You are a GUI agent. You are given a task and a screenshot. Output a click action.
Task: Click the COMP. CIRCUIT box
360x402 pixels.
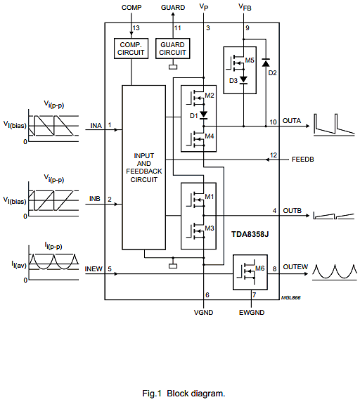pyautogui.click(x=131, y=48)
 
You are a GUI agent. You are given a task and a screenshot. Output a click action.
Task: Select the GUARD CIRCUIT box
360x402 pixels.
pyautogui.click(x=172, y=48)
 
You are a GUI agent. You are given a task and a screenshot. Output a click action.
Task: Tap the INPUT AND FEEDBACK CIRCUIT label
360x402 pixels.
pyautogui.click(x=144, y=168)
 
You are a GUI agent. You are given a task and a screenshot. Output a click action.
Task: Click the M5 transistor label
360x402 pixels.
pyautogui.click(x=250, y=60)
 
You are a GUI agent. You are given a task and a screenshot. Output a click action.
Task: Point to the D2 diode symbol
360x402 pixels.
pyautogui.click(x=266, y=63)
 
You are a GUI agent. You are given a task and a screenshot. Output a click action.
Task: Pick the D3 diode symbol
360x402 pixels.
pyautogui.click(x=243, y=80)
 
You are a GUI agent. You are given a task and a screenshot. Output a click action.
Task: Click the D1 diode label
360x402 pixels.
pyautogui.click(x=194, y=116)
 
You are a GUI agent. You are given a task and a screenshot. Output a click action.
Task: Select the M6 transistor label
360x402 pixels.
pyautogui.click(x=259, y=268)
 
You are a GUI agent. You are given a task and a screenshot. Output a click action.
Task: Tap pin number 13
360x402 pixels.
pyautogui.click(x=136, y=28)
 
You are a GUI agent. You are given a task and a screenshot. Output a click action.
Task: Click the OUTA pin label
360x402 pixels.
pyautogui.click(x=292, y=121)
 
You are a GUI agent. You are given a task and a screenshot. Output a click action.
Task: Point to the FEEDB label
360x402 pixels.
pyautogui.click(x=303, y=160)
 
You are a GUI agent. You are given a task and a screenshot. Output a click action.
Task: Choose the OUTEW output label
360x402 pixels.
pyautogui.click(x=295, y=267)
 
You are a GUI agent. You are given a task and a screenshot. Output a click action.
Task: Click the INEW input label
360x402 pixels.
pyautogui.click(x=94, y=269)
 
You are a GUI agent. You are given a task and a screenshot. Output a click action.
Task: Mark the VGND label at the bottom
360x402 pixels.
pyautogui.click(x=204, y=313)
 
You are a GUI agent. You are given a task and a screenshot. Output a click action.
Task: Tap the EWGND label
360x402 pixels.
pyautogui.click(x=252, y=313)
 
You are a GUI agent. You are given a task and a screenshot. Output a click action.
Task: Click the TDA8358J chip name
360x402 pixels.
pyautogui.click(x=250, y=234)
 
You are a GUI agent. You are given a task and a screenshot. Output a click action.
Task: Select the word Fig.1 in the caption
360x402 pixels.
pyautogui.click(x=152, y=394)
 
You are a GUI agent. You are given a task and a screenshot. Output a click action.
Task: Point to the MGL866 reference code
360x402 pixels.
pyautogui.click(x=291, y=298)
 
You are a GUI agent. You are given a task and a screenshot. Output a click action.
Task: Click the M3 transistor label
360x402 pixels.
pyautogui.click(x=210, y=228)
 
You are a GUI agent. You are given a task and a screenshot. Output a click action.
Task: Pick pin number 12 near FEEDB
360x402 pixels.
pyautogui.click(x=274, y=155)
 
